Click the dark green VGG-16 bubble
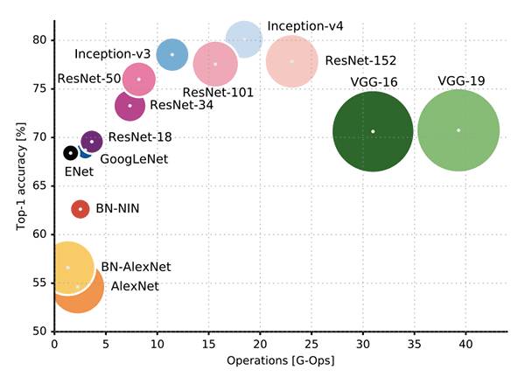point(373,131)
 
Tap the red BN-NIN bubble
point(80,209)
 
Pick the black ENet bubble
point(71,153)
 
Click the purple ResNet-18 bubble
point(92,141)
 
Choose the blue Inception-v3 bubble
point(172,54)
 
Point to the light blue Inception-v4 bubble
point(244,38)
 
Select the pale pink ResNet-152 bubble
point(292,61)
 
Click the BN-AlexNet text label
point(136,267)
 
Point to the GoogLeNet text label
point(134,159)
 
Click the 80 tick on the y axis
point(39,39)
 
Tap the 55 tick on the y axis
point(39,283)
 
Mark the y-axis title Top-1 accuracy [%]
point(19,178)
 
